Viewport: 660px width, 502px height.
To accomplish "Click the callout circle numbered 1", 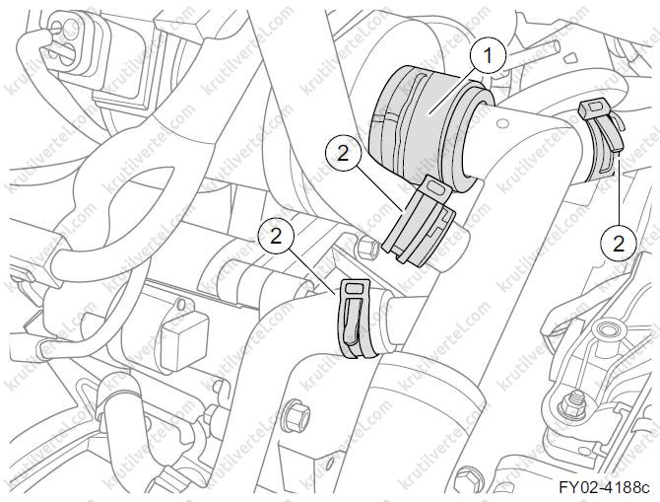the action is (x=488, y=55).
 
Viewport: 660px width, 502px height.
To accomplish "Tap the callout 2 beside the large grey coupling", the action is (x=343, y=153).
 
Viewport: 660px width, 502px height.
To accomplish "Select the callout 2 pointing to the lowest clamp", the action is (x=276, y=236).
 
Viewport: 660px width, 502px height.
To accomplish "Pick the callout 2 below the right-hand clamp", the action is (x=619, y=244).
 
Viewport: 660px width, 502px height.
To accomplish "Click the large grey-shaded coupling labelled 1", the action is (x=429, y=126).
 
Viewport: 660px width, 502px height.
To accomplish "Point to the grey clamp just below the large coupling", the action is (x=421, y=221).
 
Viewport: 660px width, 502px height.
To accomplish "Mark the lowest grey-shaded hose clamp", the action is (x=357, y=319).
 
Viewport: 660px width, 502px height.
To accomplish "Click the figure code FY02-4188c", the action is (x=604, y=487).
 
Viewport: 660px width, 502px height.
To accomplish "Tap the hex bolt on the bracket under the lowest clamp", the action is (x=297, y=415).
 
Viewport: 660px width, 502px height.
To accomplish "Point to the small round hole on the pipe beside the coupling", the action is (x=500, y=124).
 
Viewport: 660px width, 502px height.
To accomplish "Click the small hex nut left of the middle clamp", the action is (x=367, y=247).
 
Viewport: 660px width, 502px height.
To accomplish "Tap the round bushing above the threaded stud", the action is (x=605, y=328).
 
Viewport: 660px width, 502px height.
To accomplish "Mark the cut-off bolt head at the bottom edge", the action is (x=467, y=479).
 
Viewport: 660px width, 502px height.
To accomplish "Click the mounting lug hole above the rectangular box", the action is (x=181, y=305).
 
